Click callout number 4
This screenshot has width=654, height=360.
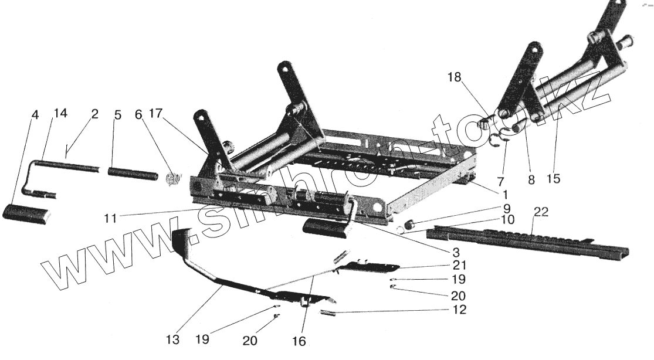35,115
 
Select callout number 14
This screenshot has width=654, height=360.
60,114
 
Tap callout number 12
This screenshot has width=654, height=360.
460,310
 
